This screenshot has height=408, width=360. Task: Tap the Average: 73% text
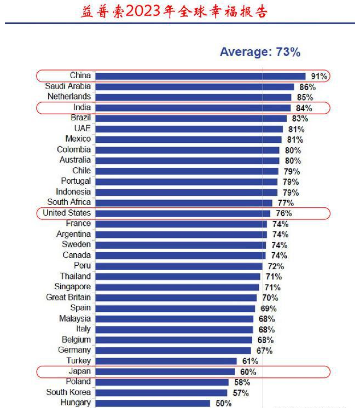tap(260, 52)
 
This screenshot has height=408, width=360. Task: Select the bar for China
tap(200, 76)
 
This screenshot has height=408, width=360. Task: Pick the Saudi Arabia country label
tap(68, 86)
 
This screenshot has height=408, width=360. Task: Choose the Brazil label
tap(80, 118)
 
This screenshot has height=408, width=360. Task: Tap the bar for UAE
tap(189, 129)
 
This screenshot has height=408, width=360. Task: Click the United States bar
tap(183, 213)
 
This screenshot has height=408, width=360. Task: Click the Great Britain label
tap(68, 298)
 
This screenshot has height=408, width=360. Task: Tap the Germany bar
tap(173, 350)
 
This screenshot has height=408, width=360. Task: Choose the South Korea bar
tap(161, 392)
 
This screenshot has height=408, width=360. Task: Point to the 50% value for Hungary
tap(223, 403)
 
